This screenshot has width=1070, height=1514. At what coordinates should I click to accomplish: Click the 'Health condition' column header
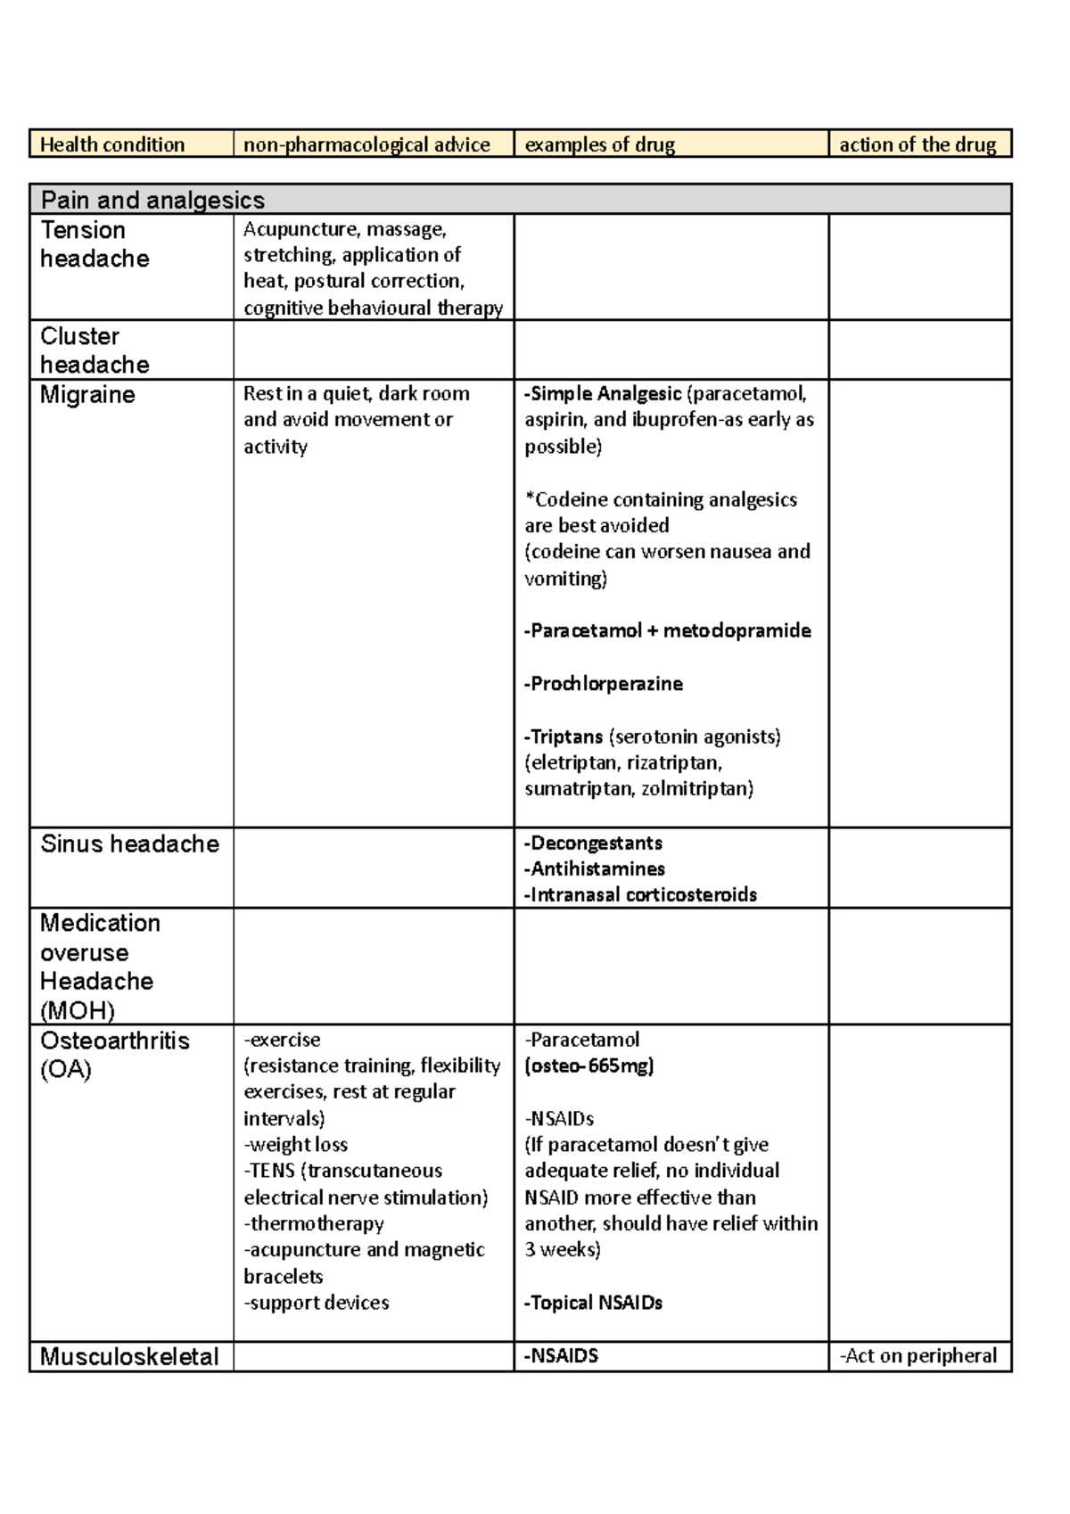click(112, 144)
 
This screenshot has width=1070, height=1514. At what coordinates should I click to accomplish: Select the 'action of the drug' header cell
click(918, 144)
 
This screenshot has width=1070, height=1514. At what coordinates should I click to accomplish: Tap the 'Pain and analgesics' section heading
click(152, 200)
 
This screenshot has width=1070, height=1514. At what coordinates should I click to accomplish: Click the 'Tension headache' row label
click(95, 244)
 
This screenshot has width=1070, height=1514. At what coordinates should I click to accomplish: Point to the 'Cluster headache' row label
click(95, 350)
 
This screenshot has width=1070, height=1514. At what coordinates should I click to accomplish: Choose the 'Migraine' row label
click(87, 395)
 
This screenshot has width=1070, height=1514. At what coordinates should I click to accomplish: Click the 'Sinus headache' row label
click(129, 844)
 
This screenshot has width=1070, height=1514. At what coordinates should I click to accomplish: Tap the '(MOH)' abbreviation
click(78, 1010)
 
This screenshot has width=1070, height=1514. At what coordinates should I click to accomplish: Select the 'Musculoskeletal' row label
click(129, 1357)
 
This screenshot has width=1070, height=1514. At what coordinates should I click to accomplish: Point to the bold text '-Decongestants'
click(593, 843)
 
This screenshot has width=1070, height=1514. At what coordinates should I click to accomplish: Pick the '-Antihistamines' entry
click(595, 869)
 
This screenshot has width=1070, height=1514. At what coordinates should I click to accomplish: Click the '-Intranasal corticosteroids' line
click(640, 895)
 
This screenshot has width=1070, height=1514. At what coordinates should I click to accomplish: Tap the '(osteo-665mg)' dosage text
click(589, 1066)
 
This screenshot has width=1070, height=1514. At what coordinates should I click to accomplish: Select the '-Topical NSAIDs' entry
click(594, 1303)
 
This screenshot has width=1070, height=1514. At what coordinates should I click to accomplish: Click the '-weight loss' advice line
click(296, 1145)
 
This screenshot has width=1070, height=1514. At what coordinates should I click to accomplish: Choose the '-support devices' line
click(317, 1303)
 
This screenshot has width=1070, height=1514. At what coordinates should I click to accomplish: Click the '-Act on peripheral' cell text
click(918, 1356)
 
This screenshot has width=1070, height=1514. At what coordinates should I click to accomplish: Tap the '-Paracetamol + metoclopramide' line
click(668, 631)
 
